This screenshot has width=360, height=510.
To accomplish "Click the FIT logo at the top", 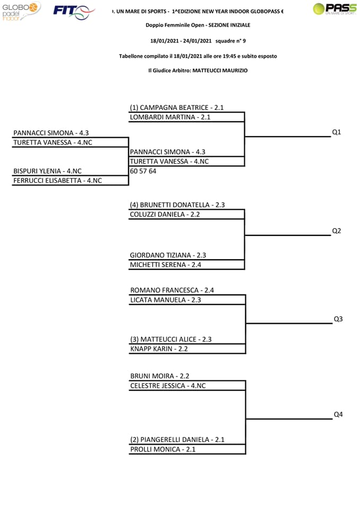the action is pos(74,12).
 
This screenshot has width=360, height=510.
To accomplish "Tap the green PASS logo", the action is pos(335,9).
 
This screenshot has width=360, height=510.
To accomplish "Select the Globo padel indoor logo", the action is pos(21,11).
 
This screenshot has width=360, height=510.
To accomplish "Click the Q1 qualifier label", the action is pos(336,132).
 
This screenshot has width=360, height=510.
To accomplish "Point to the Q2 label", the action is pos(336,231).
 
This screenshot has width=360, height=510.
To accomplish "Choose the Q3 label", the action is pos(338,319).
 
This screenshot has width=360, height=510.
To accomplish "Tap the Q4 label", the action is pos(338,414).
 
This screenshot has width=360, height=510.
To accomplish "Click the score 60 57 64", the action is pos(143,171).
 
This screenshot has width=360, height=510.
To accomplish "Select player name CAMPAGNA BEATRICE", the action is pos(174,108).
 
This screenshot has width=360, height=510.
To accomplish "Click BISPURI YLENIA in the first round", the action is pos(37,171).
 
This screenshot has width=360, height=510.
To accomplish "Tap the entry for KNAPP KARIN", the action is pos(151,349).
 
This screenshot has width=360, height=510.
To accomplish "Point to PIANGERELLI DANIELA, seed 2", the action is pos(175,440).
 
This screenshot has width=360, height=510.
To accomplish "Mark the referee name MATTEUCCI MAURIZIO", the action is pos(220,71).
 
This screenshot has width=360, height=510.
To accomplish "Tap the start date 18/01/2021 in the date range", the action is pos(165,41).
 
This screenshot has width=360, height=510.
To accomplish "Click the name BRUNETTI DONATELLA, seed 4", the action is pos(175,205).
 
